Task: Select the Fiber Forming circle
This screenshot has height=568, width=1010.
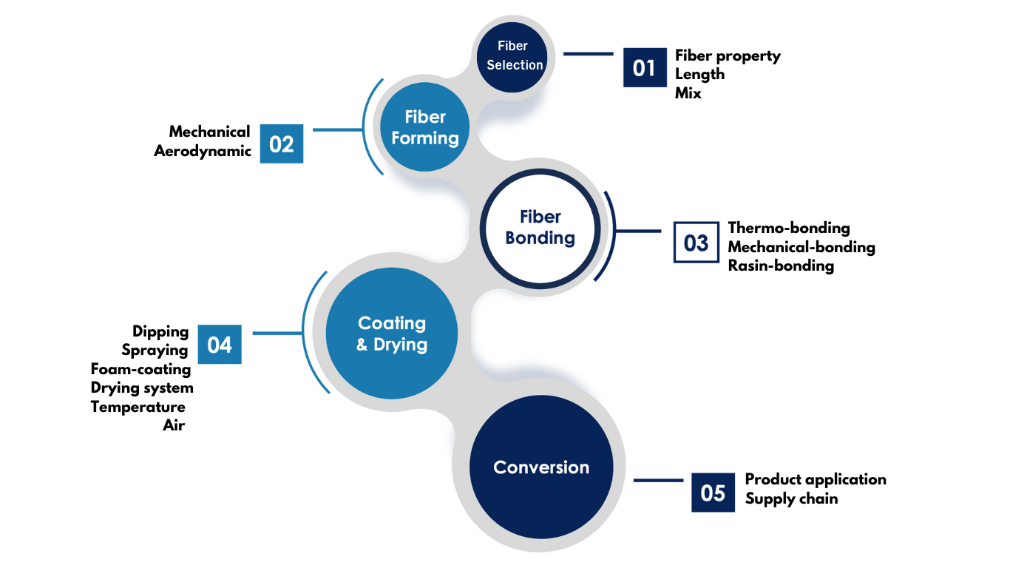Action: click(x=425, y=127)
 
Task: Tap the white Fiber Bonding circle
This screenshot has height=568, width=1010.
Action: click(x=540, y=227)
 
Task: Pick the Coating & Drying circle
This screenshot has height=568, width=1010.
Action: click(x=392, y=334)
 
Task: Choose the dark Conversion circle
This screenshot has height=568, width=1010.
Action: click(x=541, y=467)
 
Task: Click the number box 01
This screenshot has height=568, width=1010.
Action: click(x=644, y=68)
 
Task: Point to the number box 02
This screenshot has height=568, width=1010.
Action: click(x=282, y=144)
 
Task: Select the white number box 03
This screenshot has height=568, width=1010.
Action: click(x=697, y=243)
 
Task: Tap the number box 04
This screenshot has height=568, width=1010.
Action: click(x=220, y=345)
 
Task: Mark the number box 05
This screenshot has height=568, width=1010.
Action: click(x=713, y=493)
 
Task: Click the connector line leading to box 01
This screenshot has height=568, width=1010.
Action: click(x=588, y=54)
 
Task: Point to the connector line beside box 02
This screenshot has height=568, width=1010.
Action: click(x=337, y=130)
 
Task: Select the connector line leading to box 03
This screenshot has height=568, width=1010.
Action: click(x=639, y=231)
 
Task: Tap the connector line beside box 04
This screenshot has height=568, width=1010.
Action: click(x=276, y=334)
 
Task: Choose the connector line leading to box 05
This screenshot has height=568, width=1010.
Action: click(x=658, y=481)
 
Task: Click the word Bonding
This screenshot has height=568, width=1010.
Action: click(x=540, y=238)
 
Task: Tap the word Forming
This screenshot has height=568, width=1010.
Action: click(x=425, y=138)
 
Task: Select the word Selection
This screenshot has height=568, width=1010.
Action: click(x=515, y=65)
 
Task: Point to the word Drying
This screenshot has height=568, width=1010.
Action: click(x=400, y=345)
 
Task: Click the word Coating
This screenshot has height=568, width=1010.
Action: click(x=392, y=323)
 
